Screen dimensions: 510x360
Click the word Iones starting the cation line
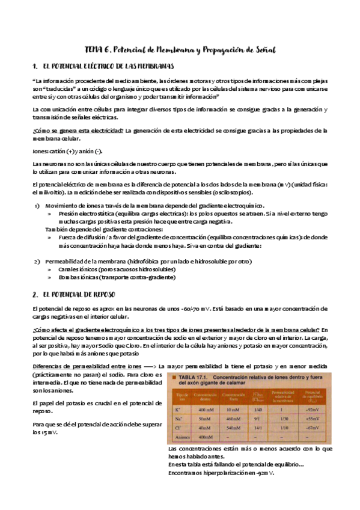click(x=40, y=151)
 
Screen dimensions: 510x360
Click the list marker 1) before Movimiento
click(x=37, y=206)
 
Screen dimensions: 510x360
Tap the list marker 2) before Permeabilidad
click(x=37, y=262)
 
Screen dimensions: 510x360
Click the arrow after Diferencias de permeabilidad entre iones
click(x=150, y=366)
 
